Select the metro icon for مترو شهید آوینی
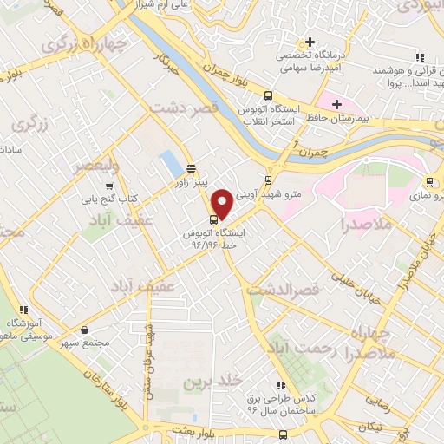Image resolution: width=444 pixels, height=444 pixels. tap(268, 180)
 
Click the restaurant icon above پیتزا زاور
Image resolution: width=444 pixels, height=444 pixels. tap(191, 169)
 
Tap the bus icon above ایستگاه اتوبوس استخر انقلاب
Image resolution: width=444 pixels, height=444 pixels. tap(268, 96)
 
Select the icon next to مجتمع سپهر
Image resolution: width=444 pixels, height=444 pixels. tap(84, 330)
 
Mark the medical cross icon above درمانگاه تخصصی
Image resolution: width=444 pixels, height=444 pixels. tap(310, 41)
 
